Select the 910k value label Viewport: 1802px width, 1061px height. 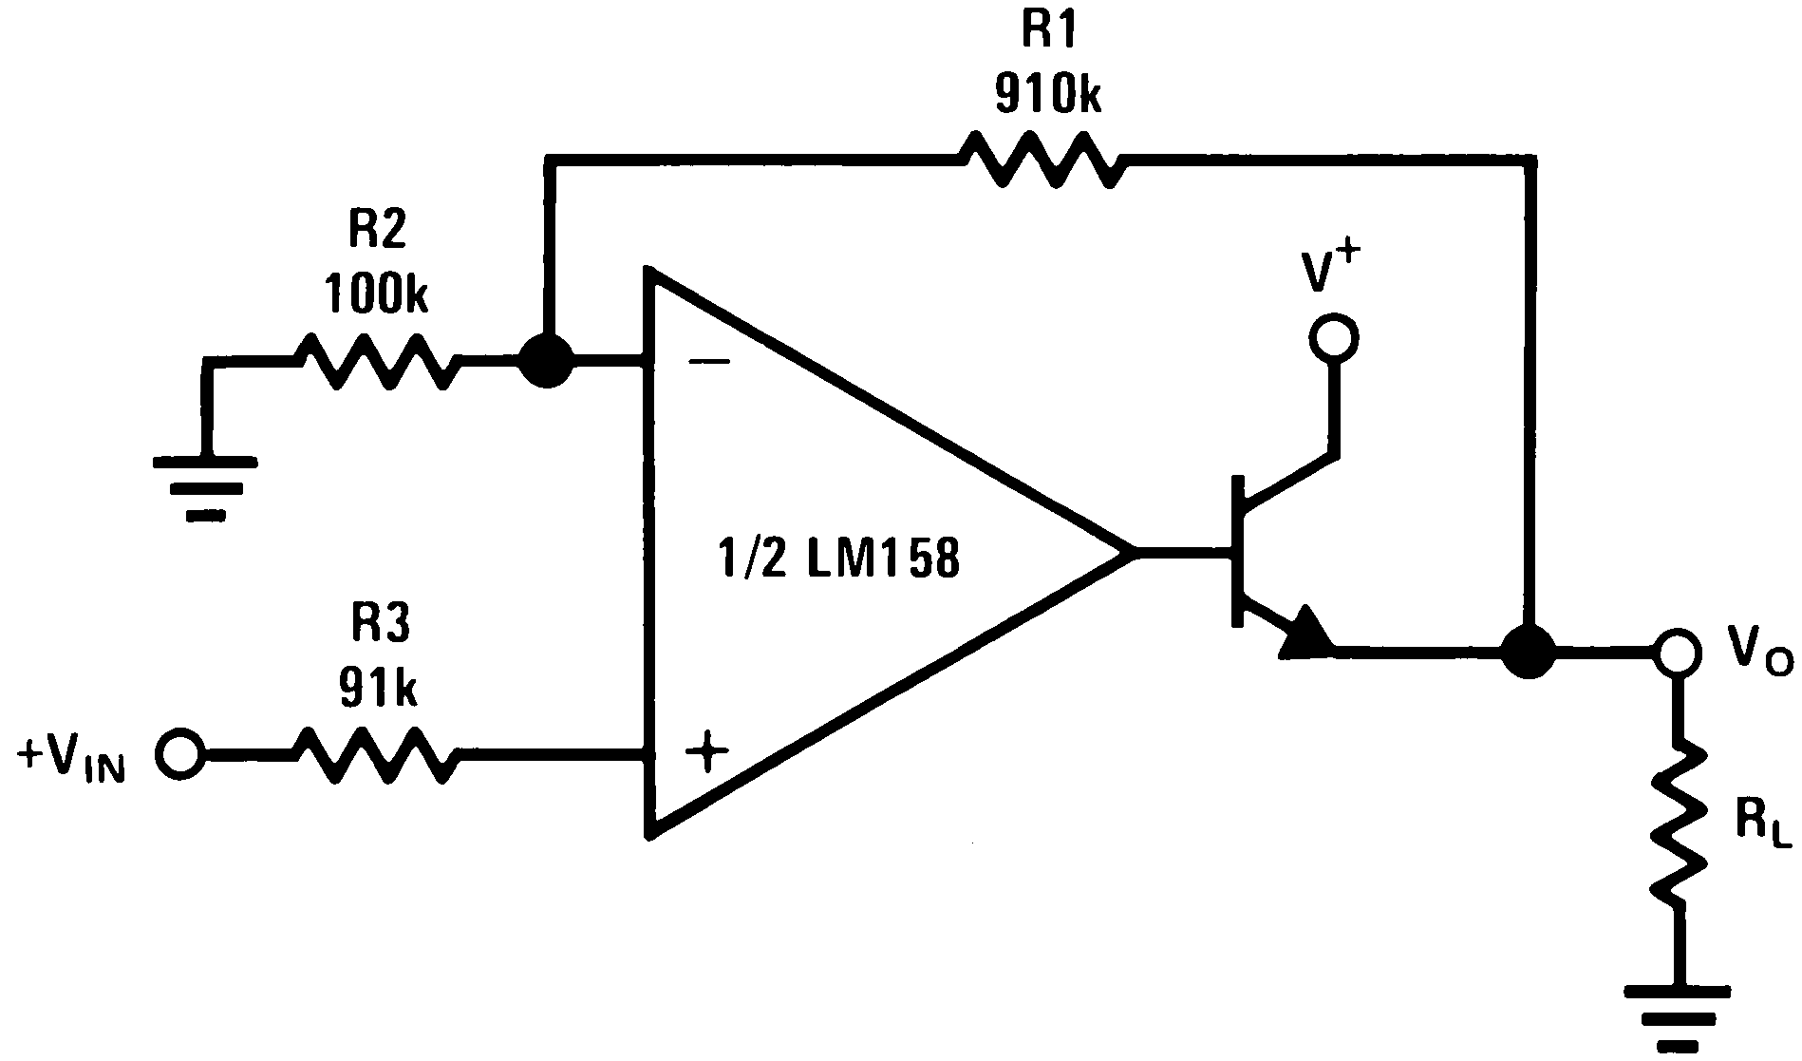coord(1048,94)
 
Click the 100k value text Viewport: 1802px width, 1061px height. coord(376,294)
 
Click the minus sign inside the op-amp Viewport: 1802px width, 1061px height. coord(708,362)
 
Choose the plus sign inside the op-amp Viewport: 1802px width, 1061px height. coord(707,755)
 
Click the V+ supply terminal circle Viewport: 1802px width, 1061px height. coord(1333,337)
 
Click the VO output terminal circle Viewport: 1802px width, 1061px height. coord(1676,652)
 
